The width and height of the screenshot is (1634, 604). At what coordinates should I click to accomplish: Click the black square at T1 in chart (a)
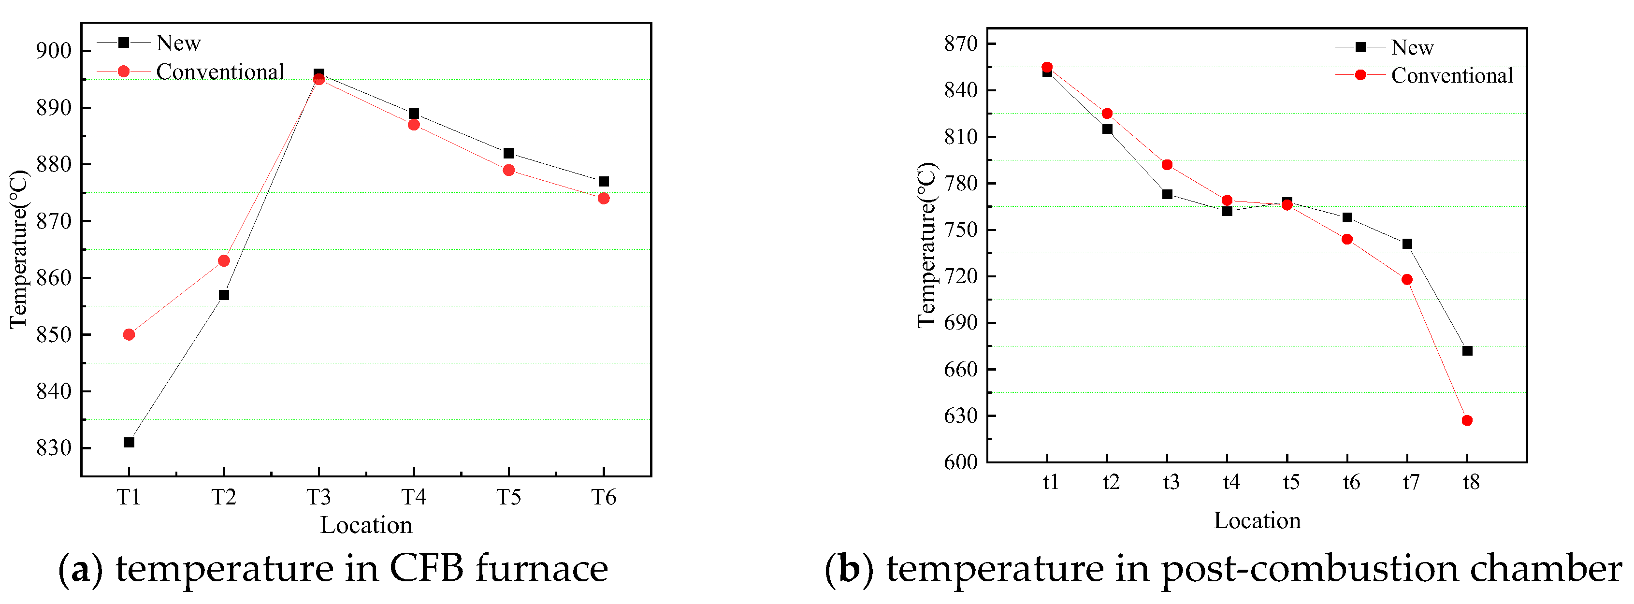(129, 442)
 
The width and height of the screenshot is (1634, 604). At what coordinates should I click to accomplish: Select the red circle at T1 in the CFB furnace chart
(129, 334)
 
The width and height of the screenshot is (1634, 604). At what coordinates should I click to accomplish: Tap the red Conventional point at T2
(224, 261)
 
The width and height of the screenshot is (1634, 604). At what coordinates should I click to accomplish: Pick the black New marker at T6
(604, 182)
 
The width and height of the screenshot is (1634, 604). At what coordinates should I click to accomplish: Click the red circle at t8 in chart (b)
(1467, 421)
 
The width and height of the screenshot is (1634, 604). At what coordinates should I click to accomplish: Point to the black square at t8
(1467, 351)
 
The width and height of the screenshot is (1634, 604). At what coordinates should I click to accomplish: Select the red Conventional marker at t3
(1167, 165)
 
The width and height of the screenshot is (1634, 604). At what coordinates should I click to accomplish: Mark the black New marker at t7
(1407, 244)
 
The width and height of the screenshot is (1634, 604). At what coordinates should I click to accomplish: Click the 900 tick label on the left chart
(54, 51)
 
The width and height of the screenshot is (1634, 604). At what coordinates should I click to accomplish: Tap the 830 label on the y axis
(54, 448)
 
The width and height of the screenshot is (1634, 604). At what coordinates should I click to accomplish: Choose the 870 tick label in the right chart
(961, 44)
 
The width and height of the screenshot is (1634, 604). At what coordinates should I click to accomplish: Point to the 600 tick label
(961, 462)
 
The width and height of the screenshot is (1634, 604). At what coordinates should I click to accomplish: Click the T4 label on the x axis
(414, 497)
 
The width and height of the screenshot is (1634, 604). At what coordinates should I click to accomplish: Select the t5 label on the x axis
(1291, 483)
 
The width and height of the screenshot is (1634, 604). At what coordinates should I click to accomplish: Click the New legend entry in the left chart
(178, 43)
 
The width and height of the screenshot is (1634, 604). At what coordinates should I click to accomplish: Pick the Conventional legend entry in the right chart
(1452, 75)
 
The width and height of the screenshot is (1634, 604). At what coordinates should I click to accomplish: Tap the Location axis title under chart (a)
(366, 525)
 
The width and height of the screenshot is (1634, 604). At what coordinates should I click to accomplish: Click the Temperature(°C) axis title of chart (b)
(927, 245)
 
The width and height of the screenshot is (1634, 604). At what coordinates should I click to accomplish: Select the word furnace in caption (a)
(542, 568)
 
